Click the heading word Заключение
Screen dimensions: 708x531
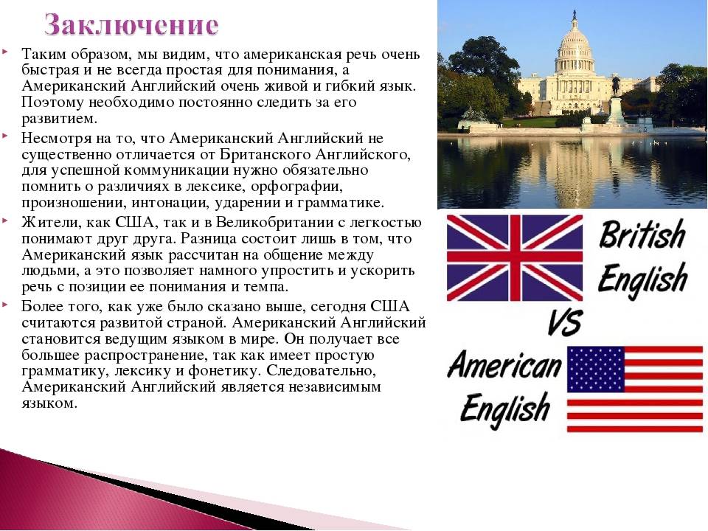click(x=132, y=25)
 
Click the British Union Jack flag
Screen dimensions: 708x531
click(x=515, y=258)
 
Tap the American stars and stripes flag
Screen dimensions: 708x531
click(x=635, y=389)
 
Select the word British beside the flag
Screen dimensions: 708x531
click(x=642, y=234)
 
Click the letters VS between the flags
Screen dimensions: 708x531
click(x=565, y=322)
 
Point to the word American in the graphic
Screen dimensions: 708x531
click(x=504, y=365)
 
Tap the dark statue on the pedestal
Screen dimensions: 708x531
click(x=615, y=86)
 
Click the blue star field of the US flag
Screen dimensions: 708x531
click(x=596, y=369)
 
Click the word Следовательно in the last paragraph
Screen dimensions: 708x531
click(x=321, y=371)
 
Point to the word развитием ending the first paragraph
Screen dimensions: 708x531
click(x=59, y=119)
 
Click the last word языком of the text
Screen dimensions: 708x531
click(x=49, y=403)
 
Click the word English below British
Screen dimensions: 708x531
click(x=642, y=279)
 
